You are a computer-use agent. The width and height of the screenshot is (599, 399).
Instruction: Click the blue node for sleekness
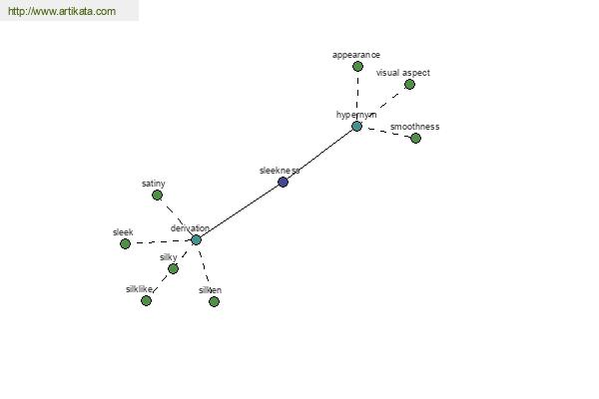[x=283, y=182]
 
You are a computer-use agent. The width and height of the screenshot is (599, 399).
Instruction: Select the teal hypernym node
[x=356, y=126]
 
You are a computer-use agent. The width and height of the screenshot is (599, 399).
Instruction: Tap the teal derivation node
[x=196, y=239]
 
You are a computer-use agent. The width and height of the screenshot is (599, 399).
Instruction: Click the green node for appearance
[x=357, y=67]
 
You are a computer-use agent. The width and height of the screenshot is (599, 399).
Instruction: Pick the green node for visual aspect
[x=409, y=84]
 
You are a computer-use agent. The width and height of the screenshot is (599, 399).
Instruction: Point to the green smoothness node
[x=415, y=138]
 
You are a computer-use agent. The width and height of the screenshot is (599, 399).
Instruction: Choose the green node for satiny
[x=157, y=196]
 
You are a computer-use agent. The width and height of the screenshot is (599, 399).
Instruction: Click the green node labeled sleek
[x=125, y=243]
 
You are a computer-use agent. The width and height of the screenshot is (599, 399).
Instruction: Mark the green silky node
[x=173, y=268]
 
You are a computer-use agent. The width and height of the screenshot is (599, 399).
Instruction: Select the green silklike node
[x=146, y=301]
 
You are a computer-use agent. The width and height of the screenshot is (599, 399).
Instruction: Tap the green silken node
[x=214, y=301]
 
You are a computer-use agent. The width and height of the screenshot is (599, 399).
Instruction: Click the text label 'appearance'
[x=356, y=55]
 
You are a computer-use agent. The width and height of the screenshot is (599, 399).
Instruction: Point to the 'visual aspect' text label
[x=403, y=73]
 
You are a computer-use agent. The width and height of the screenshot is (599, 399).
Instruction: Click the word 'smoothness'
[x=414, y=127]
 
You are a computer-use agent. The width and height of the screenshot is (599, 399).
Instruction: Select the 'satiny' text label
[x=153, y=184]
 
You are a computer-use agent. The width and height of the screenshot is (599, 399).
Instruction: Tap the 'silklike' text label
[x=139, y=289]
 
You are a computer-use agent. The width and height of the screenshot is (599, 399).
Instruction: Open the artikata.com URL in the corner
[x=62, y=11]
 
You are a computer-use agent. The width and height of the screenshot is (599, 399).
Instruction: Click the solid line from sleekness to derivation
[x=240, y=210]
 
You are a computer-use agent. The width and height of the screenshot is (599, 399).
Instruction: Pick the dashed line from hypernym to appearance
[x=357, y=96]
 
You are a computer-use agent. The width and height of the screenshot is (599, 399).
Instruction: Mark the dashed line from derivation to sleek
[x=161, y=241]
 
